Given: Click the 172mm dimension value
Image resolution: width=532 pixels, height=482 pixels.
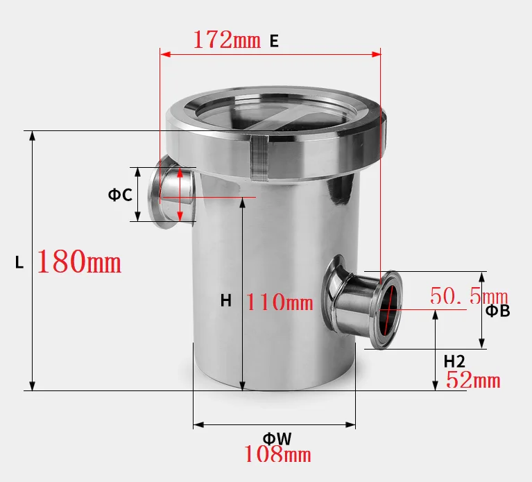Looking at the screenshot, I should coord(227,40).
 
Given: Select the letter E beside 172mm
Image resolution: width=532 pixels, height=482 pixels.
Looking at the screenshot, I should coord(274,41).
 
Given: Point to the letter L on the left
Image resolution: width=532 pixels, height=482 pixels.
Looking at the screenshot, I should coord(19,263).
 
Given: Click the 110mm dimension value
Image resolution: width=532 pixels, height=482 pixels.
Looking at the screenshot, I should coord(280,302).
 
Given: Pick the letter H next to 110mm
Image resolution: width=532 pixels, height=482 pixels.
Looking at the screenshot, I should coord(226,300).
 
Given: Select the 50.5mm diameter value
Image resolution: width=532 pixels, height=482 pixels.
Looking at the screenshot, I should coord(469,296).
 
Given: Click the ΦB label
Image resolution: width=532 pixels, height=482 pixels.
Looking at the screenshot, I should coord(497,311).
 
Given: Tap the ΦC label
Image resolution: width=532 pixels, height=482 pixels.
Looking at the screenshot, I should coord(119,195).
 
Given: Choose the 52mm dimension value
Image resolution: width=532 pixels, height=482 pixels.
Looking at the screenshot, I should coord(472,380).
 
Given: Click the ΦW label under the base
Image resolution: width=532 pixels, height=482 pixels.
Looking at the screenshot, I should coord(277,438).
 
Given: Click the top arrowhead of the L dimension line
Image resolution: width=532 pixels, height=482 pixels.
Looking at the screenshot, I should coord(32,135).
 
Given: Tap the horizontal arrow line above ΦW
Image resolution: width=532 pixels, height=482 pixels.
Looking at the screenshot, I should coord(274,424).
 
